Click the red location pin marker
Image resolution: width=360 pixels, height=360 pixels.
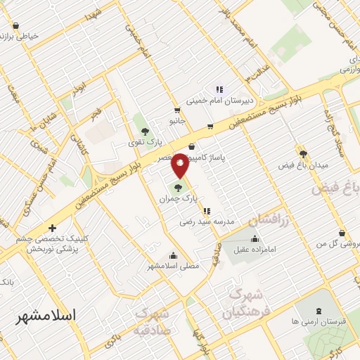[x=180, y=165]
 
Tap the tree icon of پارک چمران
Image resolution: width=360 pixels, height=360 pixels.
[x=177, y=188]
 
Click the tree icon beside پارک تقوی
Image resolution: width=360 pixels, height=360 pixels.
[x=145, y=131]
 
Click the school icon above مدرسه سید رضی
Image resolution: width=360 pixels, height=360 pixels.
[x=205, y=210]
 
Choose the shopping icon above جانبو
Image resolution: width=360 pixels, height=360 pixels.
[x=177, y=110]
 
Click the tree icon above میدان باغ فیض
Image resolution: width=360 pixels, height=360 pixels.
[x=303, y=154]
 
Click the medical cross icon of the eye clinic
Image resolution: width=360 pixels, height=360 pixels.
[x=53, y=228]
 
